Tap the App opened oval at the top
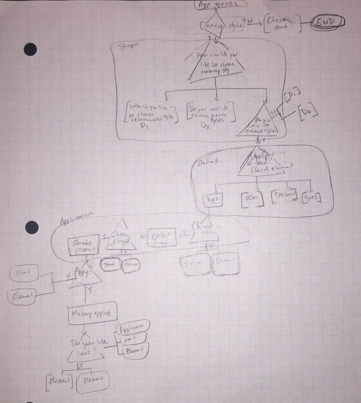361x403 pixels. (221, 4)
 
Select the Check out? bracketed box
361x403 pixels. (282, 23)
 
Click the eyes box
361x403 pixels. (312, 197)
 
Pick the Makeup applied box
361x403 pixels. (91, 314)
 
